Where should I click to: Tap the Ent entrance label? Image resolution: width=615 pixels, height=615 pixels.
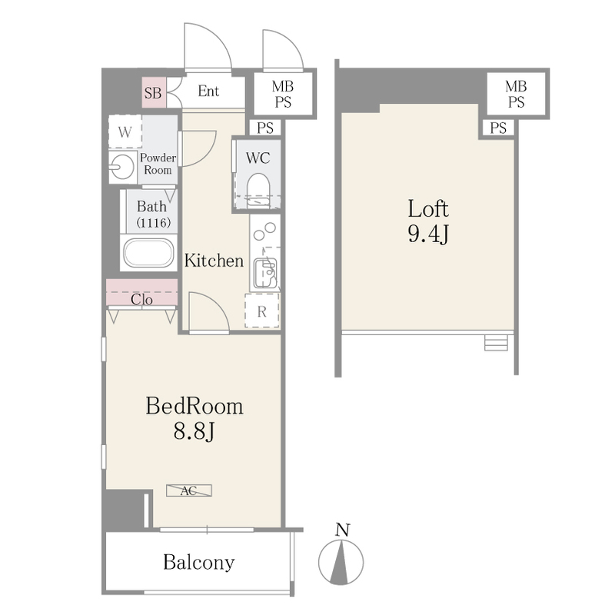point(208,91)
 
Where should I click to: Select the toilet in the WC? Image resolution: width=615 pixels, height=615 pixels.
point(258,189)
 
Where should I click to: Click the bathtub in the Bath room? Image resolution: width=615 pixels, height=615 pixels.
point(148,253)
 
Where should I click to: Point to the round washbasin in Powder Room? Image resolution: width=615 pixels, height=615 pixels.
point(122,167)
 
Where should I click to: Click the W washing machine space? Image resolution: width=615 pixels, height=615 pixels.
point(125,131)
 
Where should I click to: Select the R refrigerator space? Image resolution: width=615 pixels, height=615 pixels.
point(262,311)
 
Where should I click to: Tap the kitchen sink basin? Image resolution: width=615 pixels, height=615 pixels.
point(265,273)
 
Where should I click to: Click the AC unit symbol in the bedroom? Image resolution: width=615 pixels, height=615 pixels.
point(189,490)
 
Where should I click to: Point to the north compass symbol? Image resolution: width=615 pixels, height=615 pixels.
point(341,562)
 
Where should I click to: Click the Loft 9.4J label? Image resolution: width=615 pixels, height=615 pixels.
point(428,221)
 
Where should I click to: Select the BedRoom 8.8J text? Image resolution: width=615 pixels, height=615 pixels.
point(194,418)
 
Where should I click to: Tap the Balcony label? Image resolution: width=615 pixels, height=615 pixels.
point(199,562)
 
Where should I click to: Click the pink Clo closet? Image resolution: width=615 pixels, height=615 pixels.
point(142,292)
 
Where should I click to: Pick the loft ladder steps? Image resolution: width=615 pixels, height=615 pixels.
point(496,342)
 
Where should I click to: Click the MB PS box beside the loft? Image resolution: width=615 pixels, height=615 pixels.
point(516,94)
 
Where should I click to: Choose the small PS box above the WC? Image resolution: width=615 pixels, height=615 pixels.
point(265,128)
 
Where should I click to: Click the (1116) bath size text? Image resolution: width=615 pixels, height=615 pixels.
point(153,223)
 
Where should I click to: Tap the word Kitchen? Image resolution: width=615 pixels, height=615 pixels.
point(214,261)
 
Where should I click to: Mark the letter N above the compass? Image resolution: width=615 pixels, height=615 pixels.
point(342,530)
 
